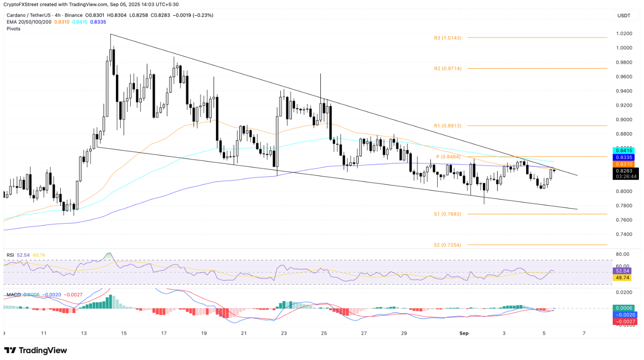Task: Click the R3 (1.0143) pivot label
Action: pos(447,38)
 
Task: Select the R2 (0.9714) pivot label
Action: pos(447,68)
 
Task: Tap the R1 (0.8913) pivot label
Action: pos(447,126)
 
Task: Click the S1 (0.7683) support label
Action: pos(447,214)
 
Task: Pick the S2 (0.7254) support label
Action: pos(447,245)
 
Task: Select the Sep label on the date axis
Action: pos(464,333)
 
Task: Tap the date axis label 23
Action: pos(284,333)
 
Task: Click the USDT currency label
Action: pos(623,16)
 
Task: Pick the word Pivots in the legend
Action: pos(13,29)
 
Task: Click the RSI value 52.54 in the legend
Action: pos(23,255)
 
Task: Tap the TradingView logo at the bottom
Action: pos(36,350)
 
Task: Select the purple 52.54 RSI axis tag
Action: pos(624,272)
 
